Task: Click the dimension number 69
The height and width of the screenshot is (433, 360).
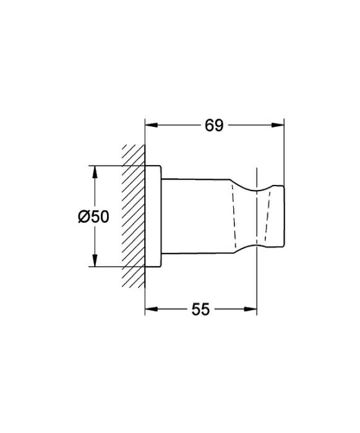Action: coord(214,126)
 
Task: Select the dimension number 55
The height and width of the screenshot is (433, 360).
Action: coord(200,309)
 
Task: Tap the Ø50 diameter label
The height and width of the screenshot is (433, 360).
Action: coord(93,216)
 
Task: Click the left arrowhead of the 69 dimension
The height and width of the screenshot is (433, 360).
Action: coord(152,125)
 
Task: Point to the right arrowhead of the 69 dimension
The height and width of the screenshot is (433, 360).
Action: coord(278,125)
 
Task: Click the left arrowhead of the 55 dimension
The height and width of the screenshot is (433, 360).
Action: coord(152,309)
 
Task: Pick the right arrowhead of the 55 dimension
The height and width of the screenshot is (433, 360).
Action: coord(251,309)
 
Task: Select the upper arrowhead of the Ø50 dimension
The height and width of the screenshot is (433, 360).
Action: coord(95,172)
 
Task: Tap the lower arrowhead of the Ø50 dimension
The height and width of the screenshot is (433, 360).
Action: coord(95,260)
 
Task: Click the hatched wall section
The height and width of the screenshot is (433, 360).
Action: coord(134,216)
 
